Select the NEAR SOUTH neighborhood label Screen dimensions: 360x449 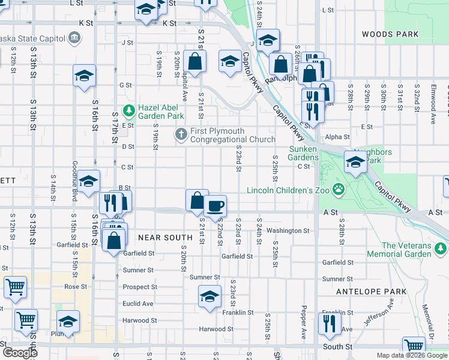point(165,238)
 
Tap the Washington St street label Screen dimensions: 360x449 point(288,230)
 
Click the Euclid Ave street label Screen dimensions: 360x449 point(138,304)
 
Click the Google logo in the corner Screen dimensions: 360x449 point(20,352)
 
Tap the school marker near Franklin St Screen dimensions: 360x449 point(209,297)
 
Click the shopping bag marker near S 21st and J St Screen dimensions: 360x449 point(195,61)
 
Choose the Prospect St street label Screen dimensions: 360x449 point(140,287)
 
